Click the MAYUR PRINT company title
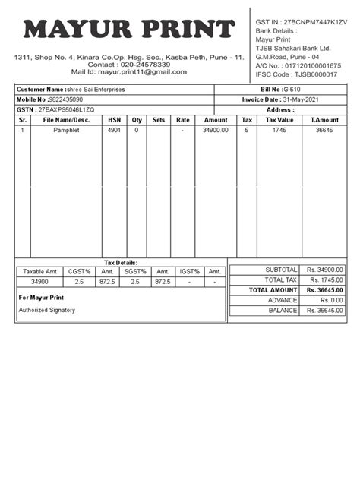pos(129,30)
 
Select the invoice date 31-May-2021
pos(308,99)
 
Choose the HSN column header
pos(114,120)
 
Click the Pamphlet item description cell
pos(66,131)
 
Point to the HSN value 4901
pos(114,131)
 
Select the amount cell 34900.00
pos(216,131)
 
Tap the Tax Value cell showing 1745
pos(279,131)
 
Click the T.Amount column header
pos(324,120)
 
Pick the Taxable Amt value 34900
pos(40,282)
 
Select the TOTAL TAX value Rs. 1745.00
pos(325,280)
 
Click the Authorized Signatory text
pos(47,310)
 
